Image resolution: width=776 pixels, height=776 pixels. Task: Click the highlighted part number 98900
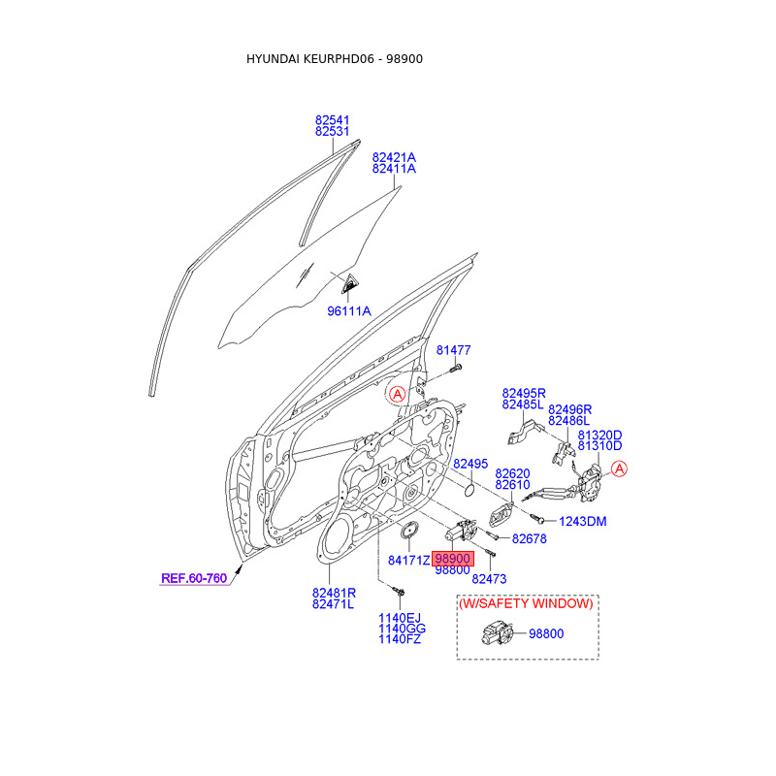(453, 559)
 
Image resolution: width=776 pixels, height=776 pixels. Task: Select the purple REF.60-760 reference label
(194, 578)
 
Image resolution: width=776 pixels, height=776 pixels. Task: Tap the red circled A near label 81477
(397, 394)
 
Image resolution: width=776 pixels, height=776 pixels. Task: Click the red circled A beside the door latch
(619, 469)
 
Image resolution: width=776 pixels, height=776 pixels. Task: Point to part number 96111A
(349, 311)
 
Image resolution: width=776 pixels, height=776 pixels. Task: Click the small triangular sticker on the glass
(350, 283)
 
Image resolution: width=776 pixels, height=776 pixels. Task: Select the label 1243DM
(583, 521)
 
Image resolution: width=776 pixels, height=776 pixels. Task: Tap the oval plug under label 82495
(469, 491)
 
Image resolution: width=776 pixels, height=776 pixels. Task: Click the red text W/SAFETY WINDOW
(526, 603)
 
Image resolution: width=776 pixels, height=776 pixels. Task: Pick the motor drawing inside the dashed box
(497, 633)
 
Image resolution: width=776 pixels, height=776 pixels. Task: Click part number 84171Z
(408, 561)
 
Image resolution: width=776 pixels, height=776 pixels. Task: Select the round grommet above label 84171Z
(408, 530)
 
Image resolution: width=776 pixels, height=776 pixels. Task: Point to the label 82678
(529, 539)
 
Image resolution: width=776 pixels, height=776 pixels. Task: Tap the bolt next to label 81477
(456, 369)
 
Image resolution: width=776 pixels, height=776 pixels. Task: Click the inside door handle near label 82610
(501, 516)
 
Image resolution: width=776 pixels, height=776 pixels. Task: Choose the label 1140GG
(402, 629)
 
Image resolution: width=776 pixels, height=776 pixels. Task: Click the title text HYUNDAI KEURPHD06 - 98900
(335, 59)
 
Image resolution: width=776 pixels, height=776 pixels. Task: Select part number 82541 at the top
(332, 120)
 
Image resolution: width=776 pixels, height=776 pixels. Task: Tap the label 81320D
(599, 435)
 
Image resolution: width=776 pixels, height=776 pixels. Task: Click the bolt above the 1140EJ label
(399, 592)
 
